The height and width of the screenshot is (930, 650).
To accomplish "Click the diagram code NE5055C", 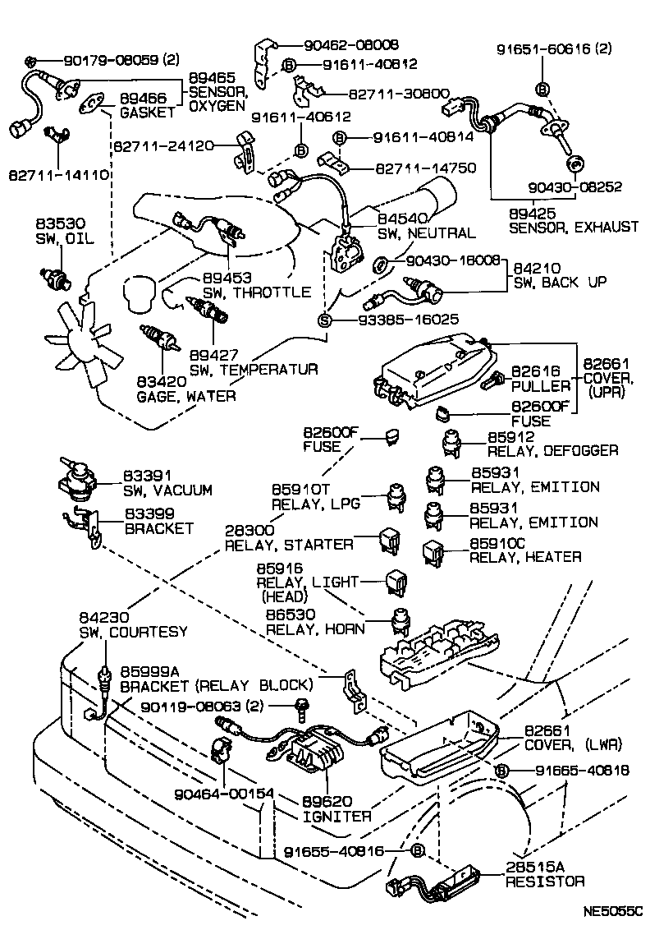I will click(611, 912).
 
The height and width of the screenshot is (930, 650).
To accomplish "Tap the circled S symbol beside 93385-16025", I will click(324, 319).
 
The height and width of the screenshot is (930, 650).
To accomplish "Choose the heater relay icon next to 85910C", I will click(433, 552).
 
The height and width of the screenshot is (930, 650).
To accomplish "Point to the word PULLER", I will click(540, 385).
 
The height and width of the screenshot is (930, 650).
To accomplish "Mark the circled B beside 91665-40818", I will click(504, 770).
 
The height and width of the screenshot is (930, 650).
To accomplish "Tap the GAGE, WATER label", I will click(186, 396).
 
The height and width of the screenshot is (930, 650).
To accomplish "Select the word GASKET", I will click(148, 112).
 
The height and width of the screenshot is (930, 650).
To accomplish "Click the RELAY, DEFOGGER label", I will click(552, 451).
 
